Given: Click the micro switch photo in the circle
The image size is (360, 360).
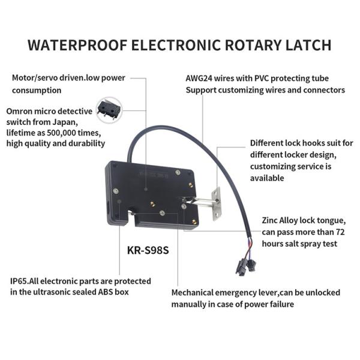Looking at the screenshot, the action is pos(109,110).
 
